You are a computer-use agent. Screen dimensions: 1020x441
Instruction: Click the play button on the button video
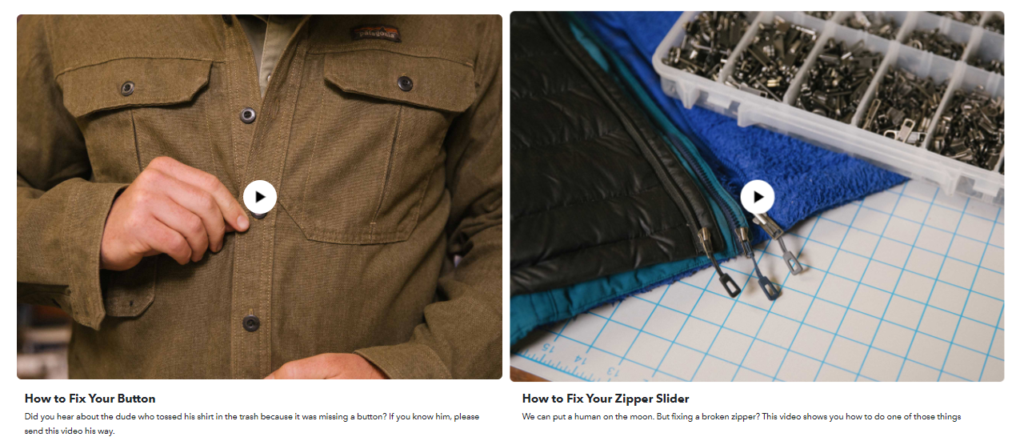point(259,197)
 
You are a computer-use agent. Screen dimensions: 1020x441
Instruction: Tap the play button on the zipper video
point(758,197)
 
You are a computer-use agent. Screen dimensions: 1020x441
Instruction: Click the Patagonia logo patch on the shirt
point(376,34)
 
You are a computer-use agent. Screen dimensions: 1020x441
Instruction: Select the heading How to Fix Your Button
point(90,399)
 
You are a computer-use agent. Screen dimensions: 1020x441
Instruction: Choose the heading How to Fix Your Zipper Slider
point(606,399)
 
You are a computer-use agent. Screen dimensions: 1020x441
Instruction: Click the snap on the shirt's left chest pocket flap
point(127,88)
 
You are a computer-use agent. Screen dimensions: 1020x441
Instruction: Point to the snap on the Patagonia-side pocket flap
point(405,83)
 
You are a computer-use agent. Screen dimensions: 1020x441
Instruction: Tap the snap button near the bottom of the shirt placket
point(251,323)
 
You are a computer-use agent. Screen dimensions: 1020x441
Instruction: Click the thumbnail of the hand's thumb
point(242,222)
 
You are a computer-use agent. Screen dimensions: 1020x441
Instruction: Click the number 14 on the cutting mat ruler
point(581,360)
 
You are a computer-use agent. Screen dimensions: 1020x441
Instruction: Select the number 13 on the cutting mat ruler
point(611,371)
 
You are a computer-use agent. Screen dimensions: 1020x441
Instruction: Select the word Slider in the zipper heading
point(672,399)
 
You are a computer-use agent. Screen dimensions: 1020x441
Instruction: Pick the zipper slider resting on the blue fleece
point(778,245)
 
